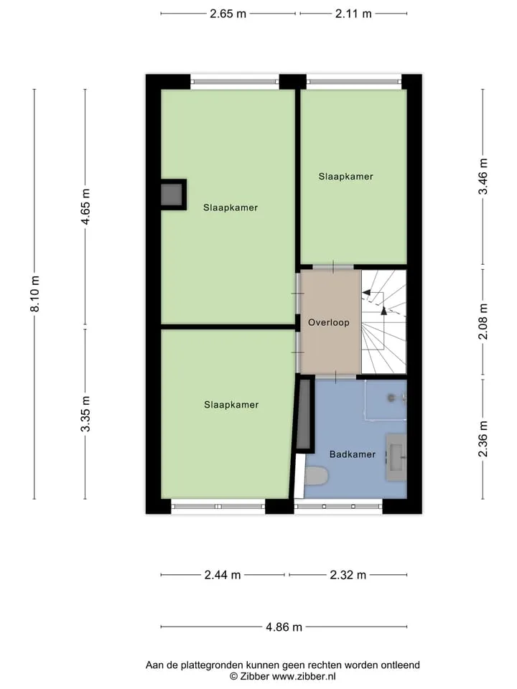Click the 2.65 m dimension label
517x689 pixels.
(228, 14)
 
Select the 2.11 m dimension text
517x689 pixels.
(353, 14)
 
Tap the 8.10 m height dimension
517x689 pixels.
(34, 294)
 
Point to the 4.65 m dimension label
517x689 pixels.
(85, 207)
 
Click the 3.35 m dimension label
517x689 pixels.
(85, 413)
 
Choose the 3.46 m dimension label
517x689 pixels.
(483, 177)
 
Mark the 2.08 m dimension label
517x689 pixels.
(483, 322)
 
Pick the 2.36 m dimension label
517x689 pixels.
(483, 439)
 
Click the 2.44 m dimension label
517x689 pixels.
(223, 575)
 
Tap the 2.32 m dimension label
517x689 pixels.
(348, 575)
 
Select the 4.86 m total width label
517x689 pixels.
(284, 627)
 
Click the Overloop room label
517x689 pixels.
(329, 322)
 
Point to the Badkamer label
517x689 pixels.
(353, 454)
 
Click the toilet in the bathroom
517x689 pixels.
(316, 476)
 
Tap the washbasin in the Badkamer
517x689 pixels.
(396, 457)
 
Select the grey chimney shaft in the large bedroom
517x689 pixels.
(172, 194)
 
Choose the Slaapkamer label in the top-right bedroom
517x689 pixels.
(346, 177)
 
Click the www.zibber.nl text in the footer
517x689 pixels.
(304, 677)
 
